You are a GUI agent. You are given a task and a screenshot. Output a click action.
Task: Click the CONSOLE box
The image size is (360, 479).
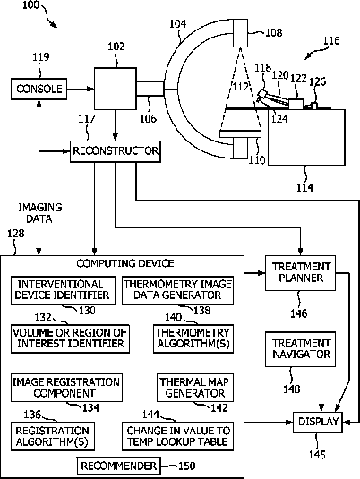coord(39,89)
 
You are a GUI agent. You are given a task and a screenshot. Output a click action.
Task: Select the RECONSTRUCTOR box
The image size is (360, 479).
coord(116,151)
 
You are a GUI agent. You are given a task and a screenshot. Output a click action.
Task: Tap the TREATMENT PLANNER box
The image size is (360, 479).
coord(300,273)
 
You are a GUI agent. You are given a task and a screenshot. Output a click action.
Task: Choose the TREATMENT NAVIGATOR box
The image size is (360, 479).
coord(300,349)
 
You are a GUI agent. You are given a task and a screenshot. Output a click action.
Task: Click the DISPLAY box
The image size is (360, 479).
coord(318,423)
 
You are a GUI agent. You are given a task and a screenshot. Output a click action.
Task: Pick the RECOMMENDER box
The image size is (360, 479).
coord(118,466)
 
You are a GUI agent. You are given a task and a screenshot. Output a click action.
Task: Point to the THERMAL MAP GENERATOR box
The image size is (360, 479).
coord(195,388)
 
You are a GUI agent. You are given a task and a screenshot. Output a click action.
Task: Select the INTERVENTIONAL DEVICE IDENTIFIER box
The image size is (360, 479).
coord(63,290)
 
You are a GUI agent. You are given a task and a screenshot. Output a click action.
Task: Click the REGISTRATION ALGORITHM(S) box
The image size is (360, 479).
coord(53,437)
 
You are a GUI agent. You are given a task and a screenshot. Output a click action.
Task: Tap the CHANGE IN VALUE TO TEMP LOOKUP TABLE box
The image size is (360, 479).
coord(177,437)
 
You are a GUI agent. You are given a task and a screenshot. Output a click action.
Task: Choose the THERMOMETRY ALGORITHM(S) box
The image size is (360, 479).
coord(193,338)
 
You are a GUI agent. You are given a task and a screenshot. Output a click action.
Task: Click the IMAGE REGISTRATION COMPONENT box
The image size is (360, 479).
coord(66,388)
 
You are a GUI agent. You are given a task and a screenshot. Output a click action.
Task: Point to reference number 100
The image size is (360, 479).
coord(30,4)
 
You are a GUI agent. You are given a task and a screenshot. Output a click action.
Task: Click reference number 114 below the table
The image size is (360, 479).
coord(305,187)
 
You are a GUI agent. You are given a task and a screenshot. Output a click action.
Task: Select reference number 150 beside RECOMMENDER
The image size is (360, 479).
coord(186,466)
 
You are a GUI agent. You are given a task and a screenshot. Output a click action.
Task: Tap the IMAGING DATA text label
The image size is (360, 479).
coord(39,213)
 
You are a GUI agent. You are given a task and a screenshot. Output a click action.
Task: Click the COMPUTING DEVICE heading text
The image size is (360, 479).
coord(125,263)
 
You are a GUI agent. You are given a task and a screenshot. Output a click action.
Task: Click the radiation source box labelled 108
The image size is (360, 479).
coord(241,33)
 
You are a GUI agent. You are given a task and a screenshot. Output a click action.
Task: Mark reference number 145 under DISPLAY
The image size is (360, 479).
coord(317,455)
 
